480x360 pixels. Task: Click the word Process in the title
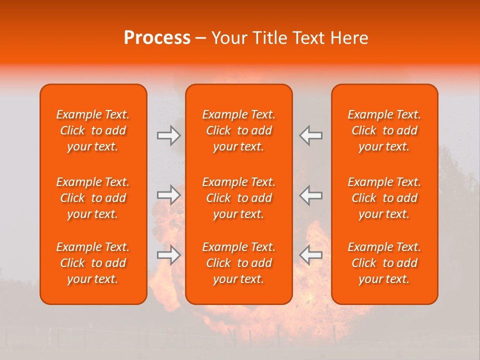click(x=157, y=38)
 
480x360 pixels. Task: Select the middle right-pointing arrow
click(x=168, y=195)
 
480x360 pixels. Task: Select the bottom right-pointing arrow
click(x=168, y=254)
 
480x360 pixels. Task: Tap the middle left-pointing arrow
click(x=311, y=195)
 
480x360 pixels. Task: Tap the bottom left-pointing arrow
click(x=311, y=254)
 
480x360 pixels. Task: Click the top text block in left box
click(x=93, y=130)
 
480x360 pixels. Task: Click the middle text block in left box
click(x=93, y=198)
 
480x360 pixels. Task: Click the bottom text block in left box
click(x=93, y=263)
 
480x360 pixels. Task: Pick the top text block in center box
click(x=239, y=130)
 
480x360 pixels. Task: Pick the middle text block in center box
click(x=239, y=198)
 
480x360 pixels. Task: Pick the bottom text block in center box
click(x=239, y=263)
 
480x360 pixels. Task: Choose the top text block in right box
click(x=384, y=130)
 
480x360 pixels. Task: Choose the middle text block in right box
click(x=384, y=198)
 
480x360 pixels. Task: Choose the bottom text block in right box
click(x=384, y=263)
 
